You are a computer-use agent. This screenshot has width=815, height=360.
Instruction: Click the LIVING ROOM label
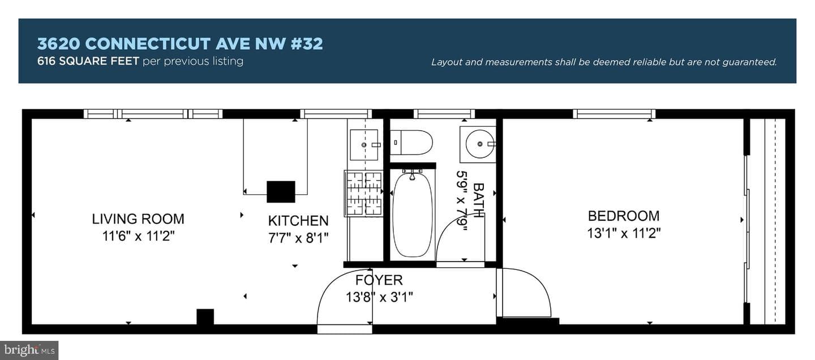[x=138, y=218]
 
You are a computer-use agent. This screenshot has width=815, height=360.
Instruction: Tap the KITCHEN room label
[x=298, y=221]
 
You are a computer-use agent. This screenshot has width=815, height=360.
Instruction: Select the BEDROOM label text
[x=624, y=216]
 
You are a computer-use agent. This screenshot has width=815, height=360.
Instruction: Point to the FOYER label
[x=379, y=280]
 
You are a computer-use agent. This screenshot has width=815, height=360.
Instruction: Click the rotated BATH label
[x=478, y=200]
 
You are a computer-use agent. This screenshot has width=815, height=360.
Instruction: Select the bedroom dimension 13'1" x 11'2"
[x=624, y=233]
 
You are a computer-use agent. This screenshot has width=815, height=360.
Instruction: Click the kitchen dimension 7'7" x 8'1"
[x=298, y=238]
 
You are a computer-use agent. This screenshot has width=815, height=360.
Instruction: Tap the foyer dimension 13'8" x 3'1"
[x=379, y=297]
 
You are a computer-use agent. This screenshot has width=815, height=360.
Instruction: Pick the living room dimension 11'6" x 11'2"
[x=138, y=236]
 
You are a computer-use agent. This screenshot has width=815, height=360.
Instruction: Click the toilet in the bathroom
[x=411, y=142]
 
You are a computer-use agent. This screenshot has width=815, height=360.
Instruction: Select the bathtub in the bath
[x=413, y=215]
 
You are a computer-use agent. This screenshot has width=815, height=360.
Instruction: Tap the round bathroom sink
[x=478, y=144]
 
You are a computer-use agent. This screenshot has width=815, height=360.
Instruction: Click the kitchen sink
[x=364, y=145]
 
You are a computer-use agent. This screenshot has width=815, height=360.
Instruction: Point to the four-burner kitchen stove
[x=363, y=194]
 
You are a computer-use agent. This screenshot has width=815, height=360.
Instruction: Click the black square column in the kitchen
[x=281, y=192]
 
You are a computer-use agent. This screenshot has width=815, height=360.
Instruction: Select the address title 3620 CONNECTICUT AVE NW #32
[x=180, y=44]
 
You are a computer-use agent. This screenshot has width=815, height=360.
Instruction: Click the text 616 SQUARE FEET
[x=88, y=61]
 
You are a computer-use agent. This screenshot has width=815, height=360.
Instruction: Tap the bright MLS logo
[x=29, y=350]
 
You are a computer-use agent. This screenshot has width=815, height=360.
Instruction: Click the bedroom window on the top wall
[x=614, y=114]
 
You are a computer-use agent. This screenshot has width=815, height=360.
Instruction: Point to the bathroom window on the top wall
[x=444, y=114]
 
